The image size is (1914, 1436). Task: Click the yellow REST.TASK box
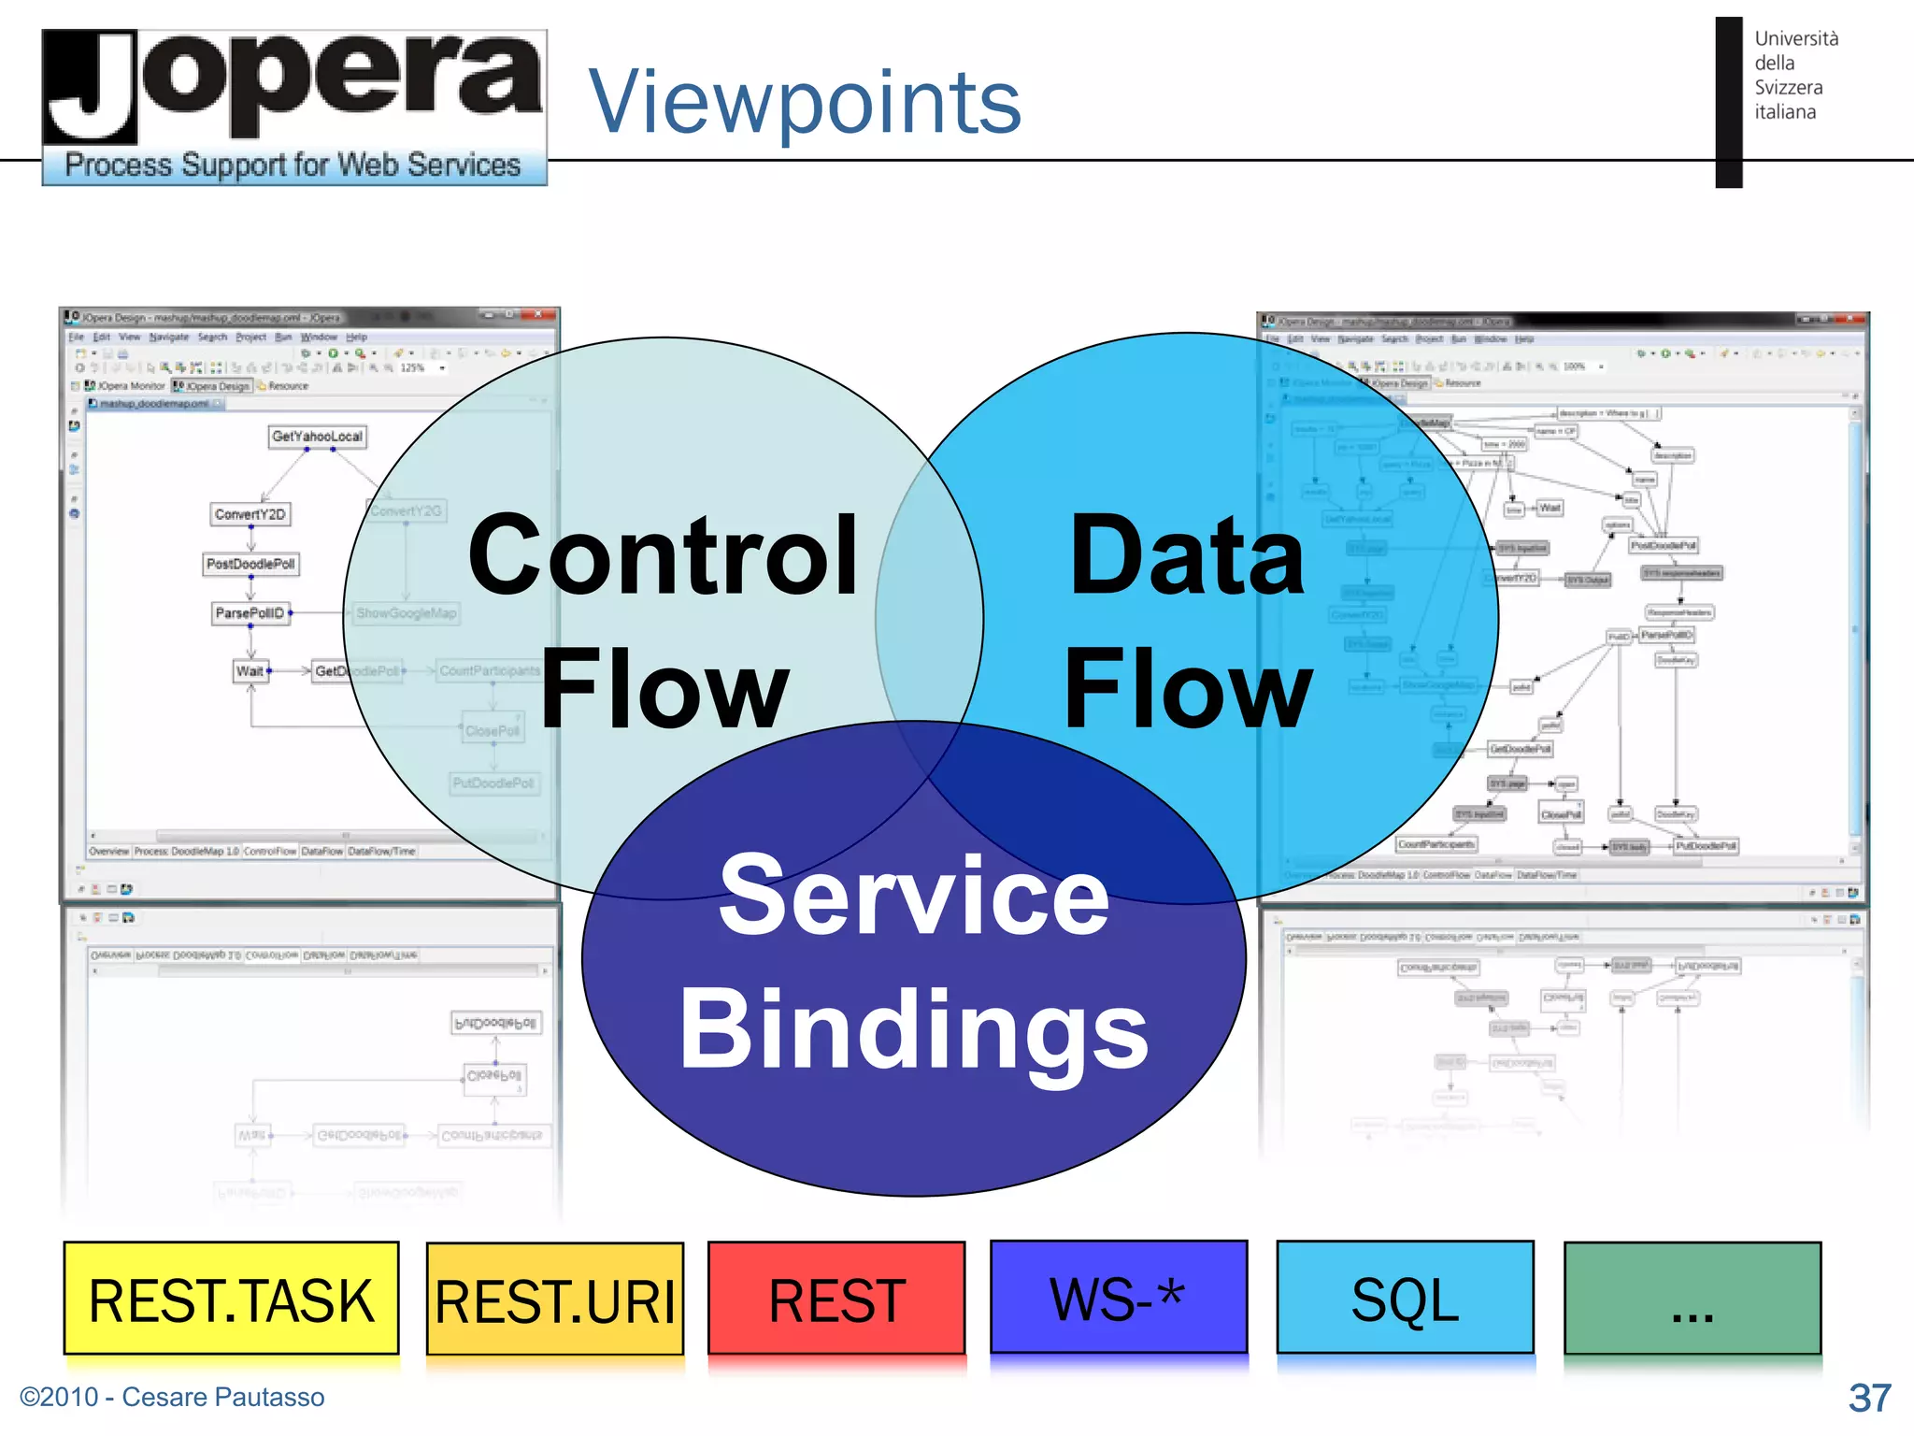[231, 1298]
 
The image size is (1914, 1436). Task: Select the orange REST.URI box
[555, 1300]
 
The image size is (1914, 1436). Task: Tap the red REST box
[836, 1298]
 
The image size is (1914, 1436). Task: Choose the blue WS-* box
[1118, 1298]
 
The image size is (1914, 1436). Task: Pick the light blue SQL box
[1405, 1298]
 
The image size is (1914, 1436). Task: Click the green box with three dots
[1692, 1300]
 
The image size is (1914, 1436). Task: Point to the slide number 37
[1869, 1398]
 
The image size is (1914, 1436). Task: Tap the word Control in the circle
[663, 555]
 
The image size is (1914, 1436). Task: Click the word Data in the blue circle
[1186, 555]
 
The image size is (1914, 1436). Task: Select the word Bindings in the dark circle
[913, 1029]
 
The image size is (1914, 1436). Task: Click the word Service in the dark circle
[913, 896]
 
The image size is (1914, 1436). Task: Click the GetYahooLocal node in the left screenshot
[317, 437]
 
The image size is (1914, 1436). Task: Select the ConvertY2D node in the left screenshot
[250, 514]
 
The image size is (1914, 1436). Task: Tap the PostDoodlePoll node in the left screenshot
[250, 564]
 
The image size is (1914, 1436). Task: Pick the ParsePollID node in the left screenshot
[250, 613]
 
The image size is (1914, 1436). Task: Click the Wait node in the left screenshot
[250, 671]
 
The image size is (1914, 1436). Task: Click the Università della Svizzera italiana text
[1794, 75]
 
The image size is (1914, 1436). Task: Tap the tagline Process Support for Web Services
[293, 165]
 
